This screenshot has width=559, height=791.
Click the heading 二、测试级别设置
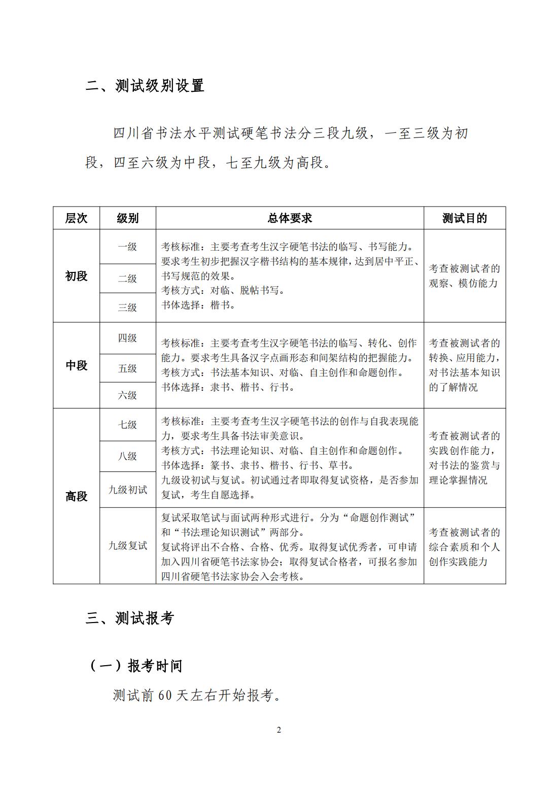[145, 86]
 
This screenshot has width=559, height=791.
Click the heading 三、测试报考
[130, 618]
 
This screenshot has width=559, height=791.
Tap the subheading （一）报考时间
[136, 666]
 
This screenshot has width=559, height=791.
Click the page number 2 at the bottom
[279, 730]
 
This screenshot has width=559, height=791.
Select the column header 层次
[76, 218]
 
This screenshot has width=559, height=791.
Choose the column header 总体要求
[290, 218]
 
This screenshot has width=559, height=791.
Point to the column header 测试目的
[464, 218]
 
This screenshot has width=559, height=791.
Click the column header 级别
[127, 218]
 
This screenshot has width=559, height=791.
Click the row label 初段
[76, 276]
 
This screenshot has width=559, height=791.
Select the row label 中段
[76, 365]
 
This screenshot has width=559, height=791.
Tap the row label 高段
[76, 496]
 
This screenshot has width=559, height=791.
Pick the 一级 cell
[127, 247]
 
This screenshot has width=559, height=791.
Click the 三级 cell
[127, 307]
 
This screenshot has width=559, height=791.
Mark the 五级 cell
[127, 368]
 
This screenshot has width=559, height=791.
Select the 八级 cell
[127, 456]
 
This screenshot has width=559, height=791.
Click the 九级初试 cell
[127, 490]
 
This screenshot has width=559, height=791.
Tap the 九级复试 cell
[127, 546]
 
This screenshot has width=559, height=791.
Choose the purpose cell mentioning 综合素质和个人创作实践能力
[464, 546]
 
